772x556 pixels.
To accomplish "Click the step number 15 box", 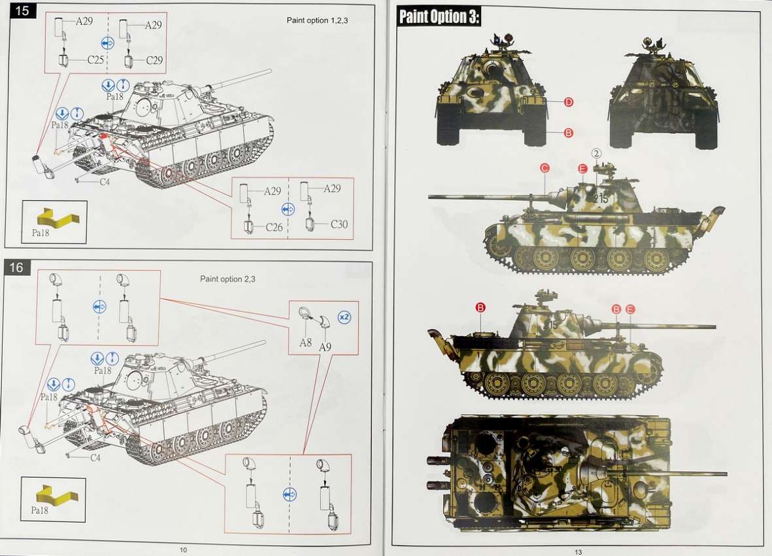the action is coord(23,10).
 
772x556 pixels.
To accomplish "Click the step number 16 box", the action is coord(16,268).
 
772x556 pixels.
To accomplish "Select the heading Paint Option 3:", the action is coord(438,17).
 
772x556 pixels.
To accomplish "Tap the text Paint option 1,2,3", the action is coord(317,21).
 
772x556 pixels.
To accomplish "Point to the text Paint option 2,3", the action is coord(227,279).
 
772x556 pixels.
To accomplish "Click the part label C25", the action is coord(95,60).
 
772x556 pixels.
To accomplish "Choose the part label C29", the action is coord(154,60).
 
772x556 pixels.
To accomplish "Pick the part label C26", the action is coord(275,227).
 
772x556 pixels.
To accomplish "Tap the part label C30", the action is coord(339,224).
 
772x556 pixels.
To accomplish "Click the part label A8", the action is coord(305,342).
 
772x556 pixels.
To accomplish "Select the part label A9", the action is coord(325,347).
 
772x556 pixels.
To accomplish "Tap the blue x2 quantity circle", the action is coord(344,317).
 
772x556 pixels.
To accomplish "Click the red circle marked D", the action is coord(568,103).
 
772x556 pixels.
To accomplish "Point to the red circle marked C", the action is coord(544,168).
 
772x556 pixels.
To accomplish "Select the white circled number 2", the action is coord(597,154).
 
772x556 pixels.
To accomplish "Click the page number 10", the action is coord(183,549).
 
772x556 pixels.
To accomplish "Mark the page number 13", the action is coord(579,551).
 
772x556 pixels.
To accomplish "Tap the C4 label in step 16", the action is coord(95,457).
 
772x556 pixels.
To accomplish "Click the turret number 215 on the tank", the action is coord(601,199).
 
